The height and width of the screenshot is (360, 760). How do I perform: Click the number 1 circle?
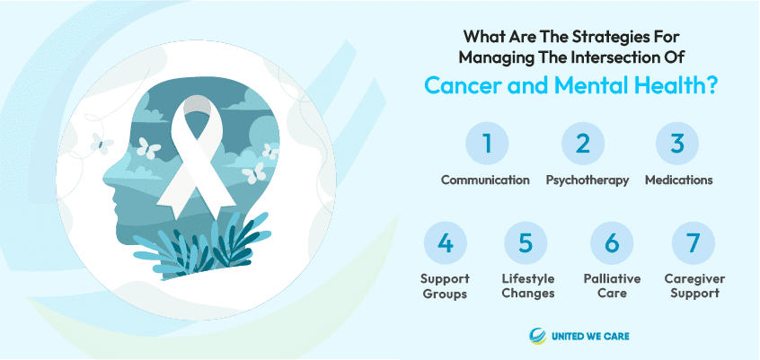point(487,144)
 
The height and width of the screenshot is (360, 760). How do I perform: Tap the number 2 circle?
point(583,144)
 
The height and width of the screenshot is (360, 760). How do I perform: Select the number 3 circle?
point(677,144)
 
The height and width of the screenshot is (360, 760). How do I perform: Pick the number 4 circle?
point(446,243)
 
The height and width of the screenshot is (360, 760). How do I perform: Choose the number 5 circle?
point(526,243)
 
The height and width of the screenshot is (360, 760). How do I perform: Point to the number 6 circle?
point(612,243)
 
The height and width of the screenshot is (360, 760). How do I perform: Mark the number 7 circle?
point(694,243)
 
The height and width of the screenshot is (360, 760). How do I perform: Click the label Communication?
point(485,180)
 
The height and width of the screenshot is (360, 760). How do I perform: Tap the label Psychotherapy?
point(588,180)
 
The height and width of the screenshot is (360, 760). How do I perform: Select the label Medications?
point(678,180)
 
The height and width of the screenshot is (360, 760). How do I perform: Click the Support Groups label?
point(445,286)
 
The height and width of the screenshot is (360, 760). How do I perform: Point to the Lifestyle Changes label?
point(528,286)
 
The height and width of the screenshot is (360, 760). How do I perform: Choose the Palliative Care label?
point(612,285)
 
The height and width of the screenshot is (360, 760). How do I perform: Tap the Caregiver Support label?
point(694,286)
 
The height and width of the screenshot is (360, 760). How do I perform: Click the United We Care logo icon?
point(537,336)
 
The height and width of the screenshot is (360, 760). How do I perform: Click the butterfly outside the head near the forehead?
point(102,144)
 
